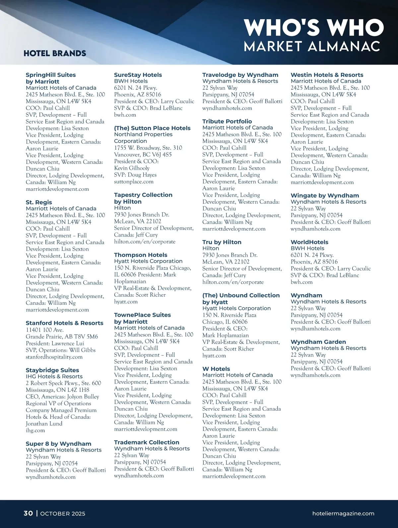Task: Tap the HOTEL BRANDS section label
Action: [x=55, y=53]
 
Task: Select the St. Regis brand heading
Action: [x=39, y=202]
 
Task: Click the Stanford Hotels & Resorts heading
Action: [x=64, y=323]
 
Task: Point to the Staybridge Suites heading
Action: [x=52, y=370]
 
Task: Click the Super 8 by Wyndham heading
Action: [x=58, y=444]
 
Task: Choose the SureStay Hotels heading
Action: [x=138, y=75]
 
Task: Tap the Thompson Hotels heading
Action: [x=141, y=255]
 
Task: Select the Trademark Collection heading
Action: [x=147, y=442]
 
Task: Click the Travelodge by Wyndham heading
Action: [x=240, y=75]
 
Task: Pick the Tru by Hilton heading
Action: [x=222, y=242]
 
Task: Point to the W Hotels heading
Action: [x=216, y=369]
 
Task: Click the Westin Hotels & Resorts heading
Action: [x=327, y=75]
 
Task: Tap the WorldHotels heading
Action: [x=309, y=242]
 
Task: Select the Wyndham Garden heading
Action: [x=318, y=342]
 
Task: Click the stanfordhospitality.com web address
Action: [x=54, y=357]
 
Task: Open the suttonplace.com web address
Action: [x=134, y=182]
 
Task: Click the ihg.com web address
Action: [x=35, y=430]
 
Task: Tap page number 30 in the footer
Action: [x=28, y=513]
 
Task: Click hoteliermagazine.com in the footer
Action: [x=343, y=513]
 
